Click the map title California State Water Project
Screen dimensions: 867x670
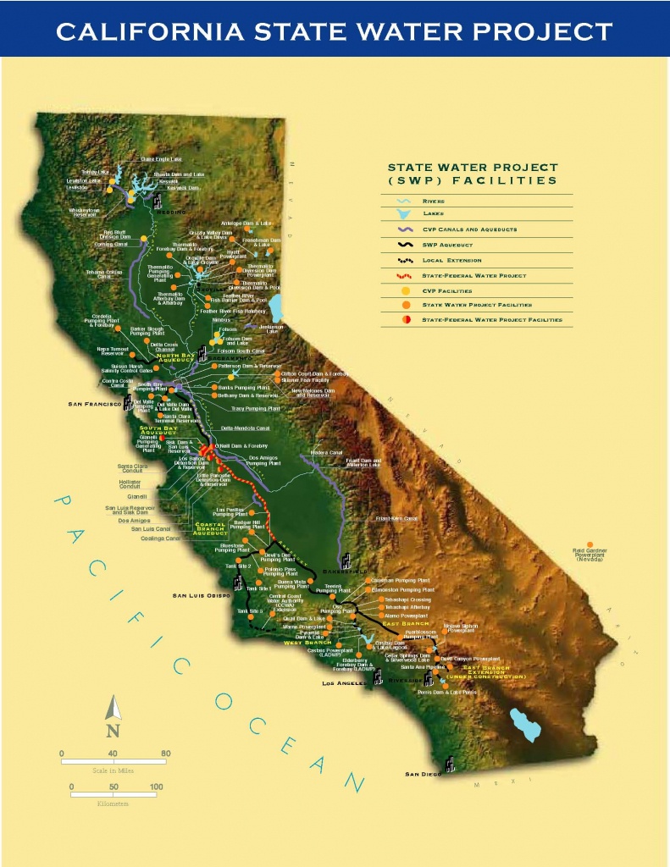click(x=334, y=32)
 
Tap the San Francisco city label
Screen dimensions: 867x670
click(x=96, y=404)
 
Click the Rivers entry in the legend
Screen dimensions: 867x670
click(x=434, y=202)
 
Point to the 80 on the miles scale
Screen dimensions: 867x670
click(x=166, y=753)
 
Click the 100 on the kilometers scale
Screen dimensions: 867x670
click(x=156, y=787)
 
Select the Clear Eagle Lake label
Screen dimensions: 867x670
click(x=161, y=158)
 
